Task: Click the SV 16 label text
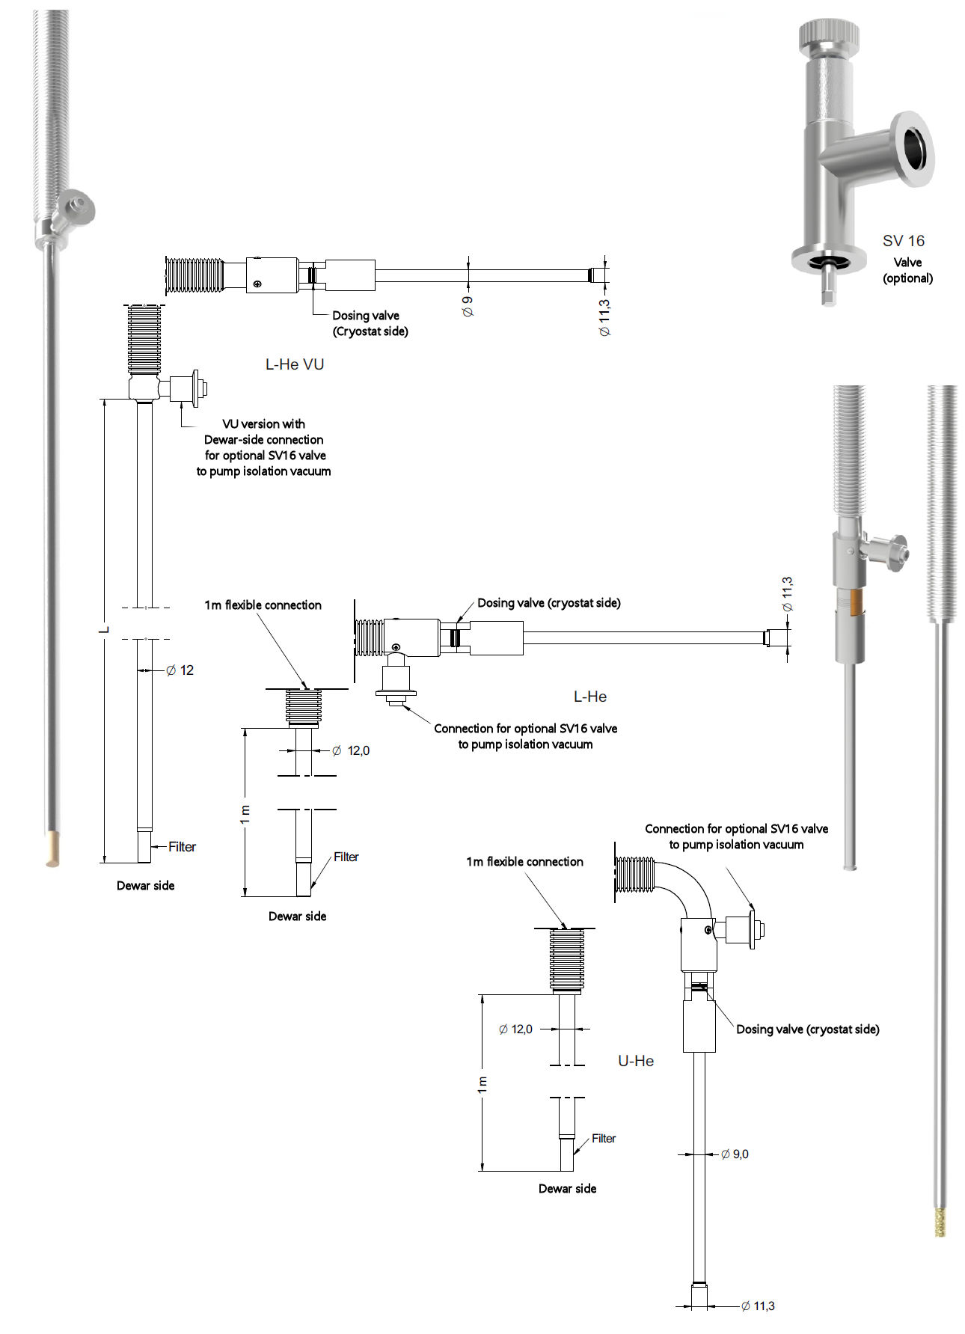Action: [x=903, y=241]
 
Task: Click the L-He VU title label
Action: [x=295, y=364]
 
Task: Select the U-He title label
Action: [x=636, y=1061]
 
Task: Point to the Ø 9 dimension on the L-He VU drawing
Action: [x=468, y=306]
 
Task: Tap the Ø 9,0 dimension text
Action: [x=735, y=1154]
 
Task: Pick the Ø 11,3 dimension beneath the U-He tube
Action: [x=758, y=1306]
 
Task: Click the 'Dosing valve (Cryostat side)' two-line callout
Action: [x=370, y=323]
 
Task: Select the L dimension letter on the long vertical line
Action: [x=104, y=630]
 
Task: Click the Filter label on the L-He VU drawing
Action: [x=182, y=847]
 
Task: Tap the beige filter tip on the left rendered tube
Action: [x=52, y=849]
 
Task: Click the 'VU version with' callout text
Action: [x=263, y=424]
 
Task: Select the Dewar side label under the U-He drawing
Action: [x=567, y=1189]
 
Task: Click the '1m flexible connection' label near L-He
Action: [x=263, y=605]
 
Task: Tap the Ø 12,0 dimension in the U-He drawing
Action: [x=515, y=1029]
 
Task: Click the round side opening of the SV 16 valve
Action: [x=914, y=148]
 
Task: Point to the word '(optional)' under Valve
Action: [x=907, y=278]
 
